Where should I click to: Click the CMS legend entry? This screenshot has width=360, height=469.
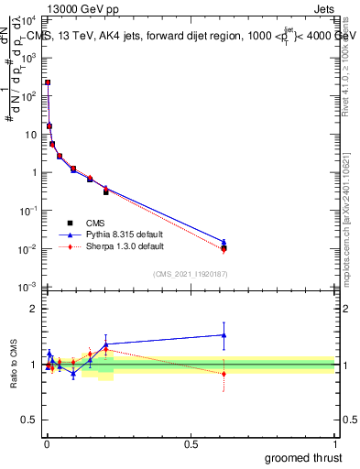tap(93, 224)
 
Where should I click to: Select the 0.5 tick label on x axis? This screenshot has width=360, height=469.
tap(191, 444)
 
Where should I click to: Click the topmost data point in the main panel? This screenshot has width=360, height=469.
tap(48, 82)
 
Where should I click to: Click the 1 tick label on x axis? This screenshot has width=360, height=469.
tap(334, 444)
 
